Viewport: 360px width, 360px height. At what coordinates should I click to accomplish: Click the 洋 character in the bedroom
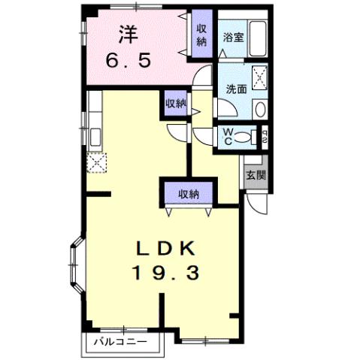point(126,33)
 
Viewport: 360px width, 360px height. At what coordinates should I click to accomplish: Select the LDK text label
point(167,249)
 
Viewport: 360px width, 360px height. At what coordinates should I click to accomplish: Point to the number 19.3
point(167,274)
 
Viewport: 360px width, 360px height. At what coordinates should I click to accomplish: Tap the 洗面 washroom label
point(236,88)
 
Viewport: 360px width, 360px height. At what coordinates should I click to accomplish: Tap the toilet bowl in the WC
point(241,137)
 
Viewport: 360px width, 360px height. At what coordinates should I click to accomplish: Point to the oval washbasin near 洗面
point(259,108)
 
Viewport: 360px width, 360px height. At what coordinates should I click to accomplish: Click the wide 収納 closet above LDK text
point(188,195)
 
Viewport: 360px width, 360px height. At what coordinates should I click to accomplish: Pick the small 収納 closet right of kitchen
point(177,104)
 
